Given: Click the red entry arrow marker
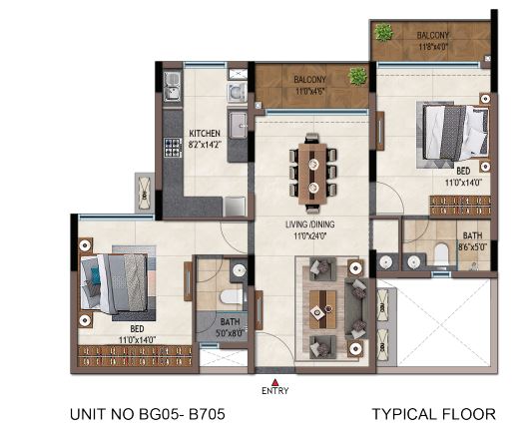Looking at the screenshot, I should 273,380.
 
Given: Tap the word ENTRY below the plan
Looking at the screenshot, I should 273,391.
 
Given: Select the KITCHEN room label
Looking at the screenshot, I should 205,133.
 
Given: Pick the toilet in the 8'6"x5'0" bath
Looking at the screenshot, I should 441,255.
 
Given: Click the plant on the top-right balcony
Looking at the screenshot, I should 383,33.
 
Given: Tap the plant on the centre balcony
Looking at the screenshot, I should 357,75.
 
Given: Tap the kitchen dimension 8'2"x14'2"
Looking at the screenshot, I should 205,144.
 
